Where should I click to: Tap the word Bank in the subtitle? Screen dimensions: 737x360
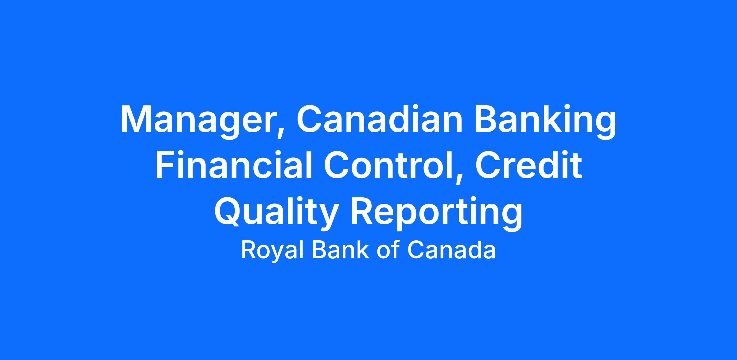(x=340, y=250)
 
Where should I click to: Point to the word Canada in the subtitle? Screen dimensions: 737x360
(x=451, y=250)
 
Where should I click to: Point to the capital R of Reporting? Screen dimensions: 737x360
(x=363, y=211)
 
